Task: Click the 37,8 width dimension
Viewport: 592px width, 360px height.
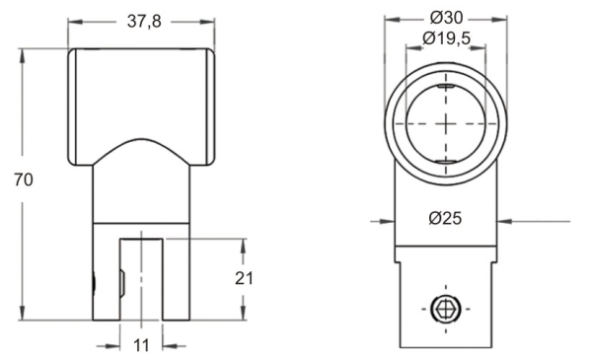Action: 144,22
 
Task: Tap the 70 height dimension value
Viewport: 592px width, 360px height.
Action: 24,180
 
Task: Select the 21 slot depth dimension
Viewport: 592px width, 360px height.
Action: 244,278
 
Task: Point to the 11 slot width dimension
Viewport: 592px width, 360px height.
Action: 141,345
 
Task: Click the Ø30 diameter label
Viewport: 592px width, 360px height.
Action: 446,18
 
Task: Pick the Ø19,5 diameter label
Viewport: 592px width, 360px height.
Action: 447,38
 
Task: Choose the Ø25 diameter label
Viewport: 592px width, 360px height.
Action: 446,218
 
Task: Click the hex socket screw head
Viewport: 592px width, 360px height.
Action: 446,309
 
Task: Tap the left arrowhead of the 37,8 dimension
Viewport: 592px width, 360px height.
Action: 75,22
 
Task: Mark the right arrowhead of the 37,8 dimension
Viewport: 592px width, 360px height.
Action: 207,22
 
